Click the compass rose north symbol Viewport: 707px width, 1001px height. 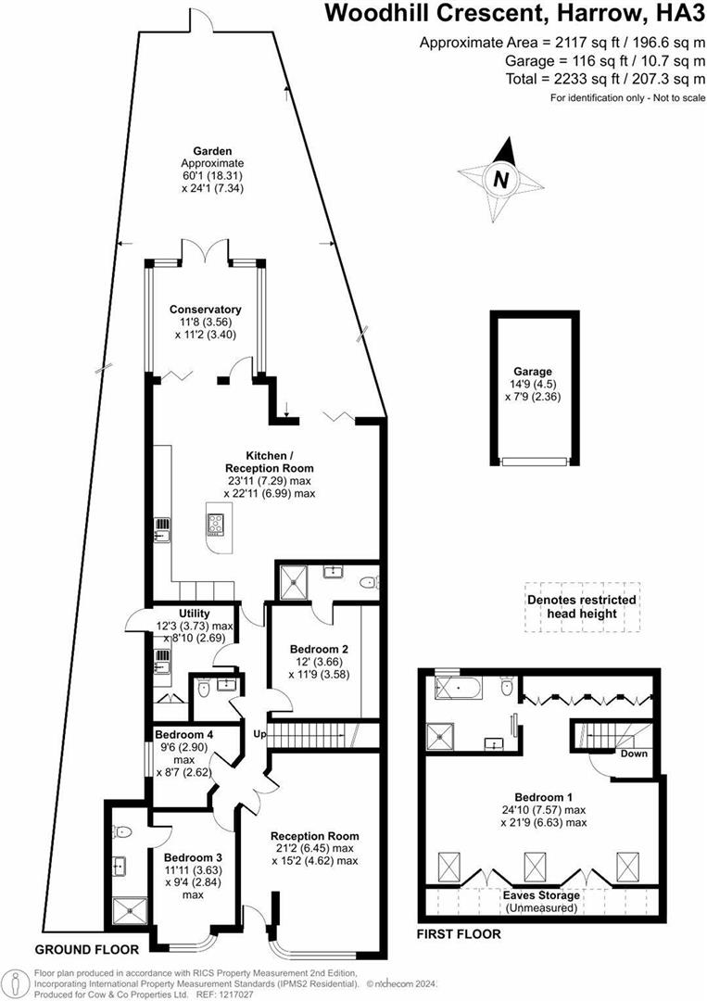pyautogui.click(x=500, y=179)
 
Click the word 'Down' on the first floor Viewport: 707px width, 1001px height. pyautogui.click(x=634, y=754)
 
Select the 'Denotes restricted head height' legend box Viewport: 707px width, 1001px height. pyautogui.click(x=581, y=607)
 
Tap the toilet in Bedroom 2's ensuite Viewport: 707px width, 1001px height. pyautogui.click(x=368, y=582)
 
